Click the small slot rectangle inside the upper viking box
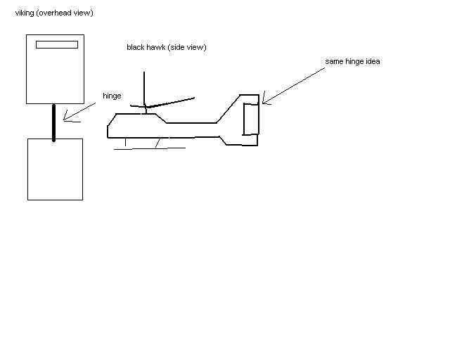[56, 45]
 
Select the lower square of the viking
[55, 169]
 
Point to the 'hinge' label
[112, 96]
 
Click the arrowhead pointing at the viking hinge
[65, 118]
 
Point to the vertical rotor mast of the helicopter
[144, 89]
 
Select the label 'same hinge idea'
[352, 62]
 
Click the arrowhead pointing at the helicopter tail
[264, 104]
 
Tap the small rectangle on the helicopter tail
[251, 118]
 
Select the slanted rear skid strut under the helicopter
[158, 143]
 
